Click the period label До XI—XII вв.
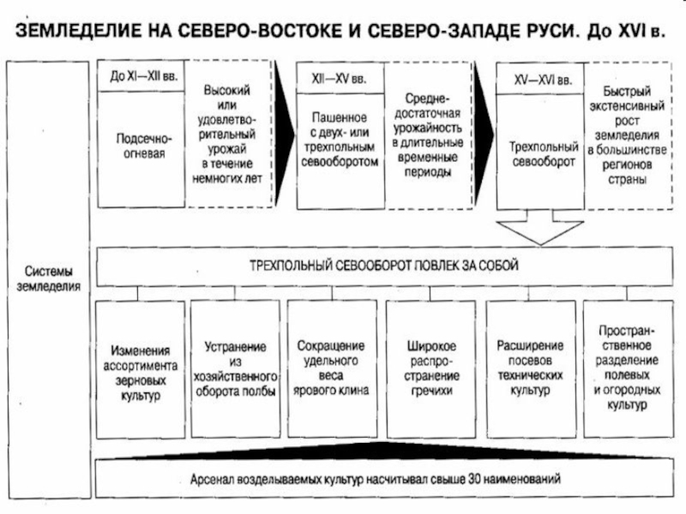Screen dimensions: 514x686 (138, 76)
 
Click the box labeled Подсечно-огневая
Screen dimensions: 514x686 (141, 146)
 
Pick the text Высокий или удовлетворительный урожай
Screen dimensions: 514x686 (230, 134)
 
